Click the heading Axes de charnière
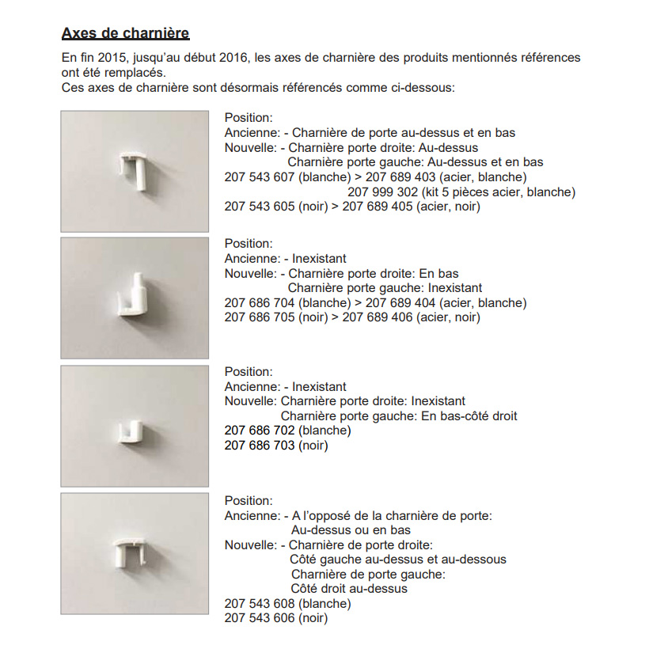125,34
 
